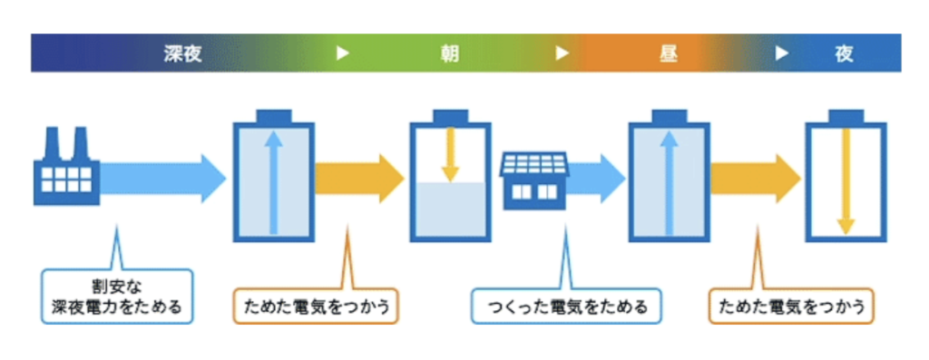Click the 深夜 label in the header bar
click(x=182, y=54)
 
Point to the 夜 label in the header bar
click(x=844, y=54)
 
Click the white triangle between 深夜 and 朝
click(x=343, y=54)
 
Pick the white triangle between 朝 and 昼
click(x=562, y=54)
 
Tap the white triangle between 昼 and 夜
click(x=781, y=54)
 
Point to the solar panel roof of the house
click(x=535, y=163)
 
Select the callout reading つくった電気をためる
click(x=566, y=306)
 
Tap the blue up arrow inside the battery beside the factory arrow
click(x=273, y=180)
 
